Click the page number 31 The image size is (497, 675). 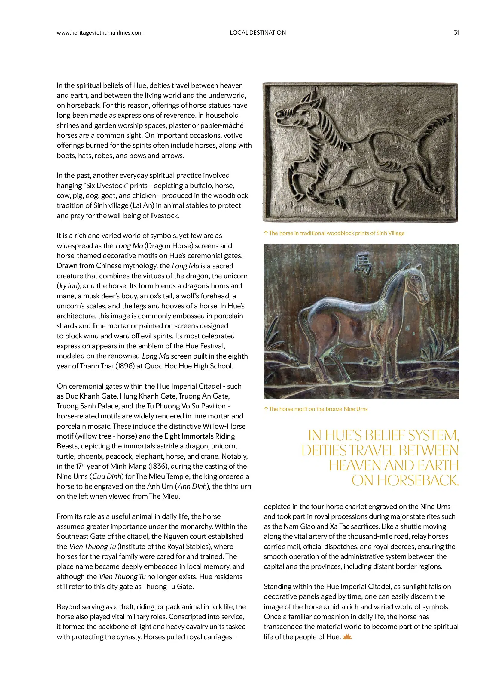coord(456,33)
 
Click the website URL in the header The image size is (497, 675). coord(99,33)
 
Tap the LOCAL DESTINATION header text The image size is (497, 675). coord(258,33)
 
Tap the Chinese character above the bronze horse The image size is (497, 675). coord(363,264)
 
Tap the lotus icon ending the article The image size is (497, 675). coord(347,637)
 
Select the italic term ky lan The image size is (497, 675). coord(69,286)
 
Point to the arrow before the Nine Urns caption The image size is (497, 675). coord(266,409)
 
